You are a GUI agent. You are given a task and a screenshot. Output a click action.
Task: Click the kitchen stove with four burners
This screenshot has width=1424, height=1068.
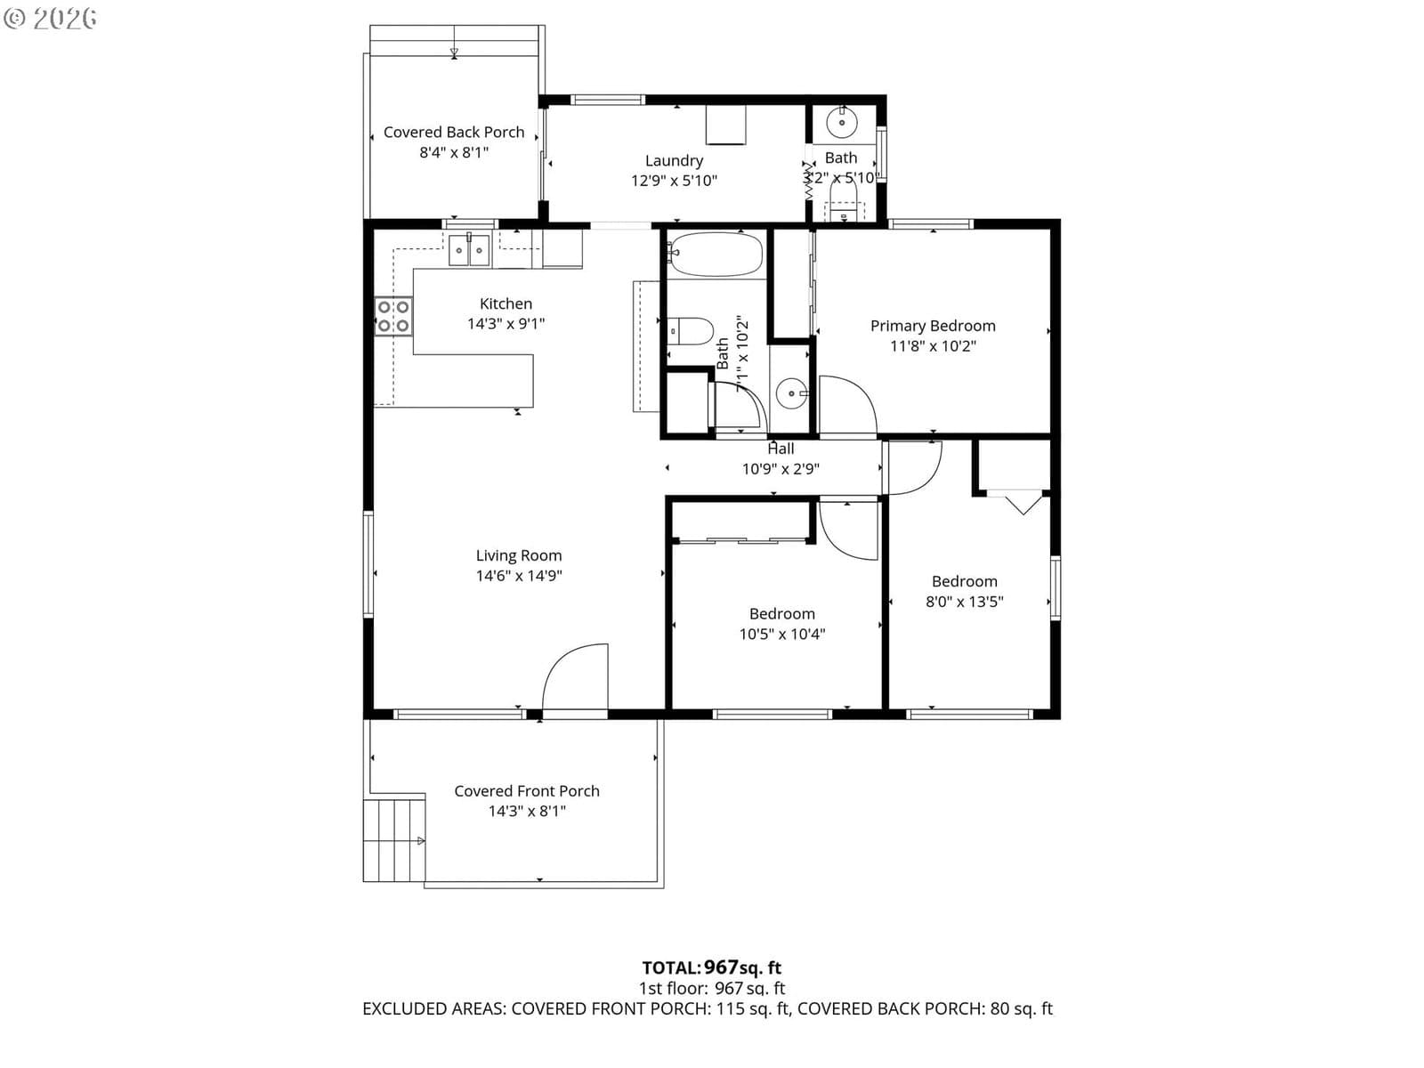[x=393, y=316]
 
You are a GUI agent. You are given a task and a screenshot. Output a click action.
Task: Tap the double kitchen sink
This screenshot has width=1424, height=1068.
[x=469, y=250]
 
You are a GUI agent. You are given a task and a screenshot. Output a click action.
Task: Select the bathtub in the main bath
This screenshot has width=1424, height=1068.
[x=716, y=255]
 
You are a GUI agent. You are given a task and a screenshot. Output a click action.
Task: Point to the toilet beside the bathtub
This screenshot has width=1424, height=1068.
[x=691, y=331]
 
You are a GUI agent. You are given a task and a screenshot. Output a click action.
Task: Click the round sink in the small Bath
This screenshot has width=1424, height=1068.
[x=842, y=122]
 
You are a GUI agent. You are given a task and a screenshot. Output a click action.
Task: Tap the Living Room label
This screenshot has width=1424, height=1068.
[x=519, y=555]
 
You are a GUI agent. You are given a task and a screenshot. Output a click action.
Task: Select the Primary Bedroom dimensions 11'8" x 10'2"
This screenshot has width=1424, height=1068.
[x=933, y=345]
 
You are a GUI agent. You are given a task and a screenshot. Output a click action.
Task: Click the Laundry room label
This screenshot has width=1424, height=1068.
[x=674, y=161]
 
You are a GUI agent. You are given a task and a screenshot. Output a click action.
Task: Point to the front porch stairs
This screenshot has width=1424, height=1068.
[x=393, y=840]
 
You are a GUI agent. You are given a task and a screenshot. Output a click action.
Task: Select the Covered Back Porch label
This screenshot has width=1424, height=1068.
[x=454, y=133]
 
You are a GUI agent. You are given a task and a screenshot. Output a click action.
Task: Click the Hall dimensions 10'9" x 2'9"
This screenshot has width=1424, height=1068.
[x=781, y=469]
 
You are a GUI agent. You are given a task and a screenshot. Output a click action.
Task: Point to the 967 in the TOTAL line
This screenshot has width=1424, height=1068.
[x=721, y=967]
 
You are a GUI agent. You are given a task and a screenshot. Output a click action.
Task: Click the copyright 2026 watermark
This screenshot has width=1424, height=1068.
[x=50, y=18]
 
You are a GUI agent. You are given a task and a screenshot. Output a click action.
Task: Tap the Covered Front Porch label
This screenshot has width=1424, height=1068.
[x=527, y=791]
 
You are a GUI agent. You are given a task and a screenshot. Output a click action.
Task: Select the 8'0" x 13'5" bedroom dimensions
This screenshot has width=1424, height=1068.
[x=965, y=602]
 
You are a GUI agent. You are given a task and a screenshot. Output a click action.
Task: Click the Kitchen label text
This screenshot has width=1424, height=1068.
[x=506, y=303]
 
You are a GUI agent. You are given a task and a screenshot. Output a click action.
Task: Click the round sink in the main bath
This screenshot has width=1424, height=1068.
[x=791, y=393]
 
